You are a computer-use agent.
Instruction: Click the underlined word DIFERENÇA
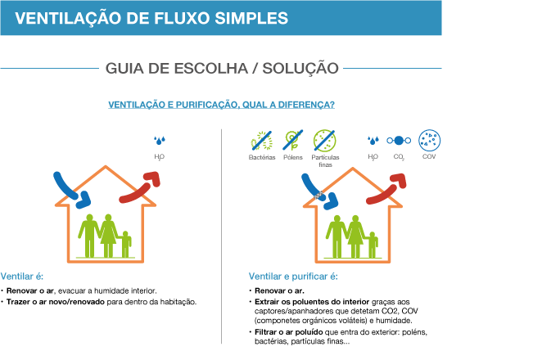300,105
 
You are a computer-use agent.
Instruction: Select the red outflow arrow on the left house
140,188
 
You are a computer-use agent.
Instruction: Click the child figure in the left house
125,244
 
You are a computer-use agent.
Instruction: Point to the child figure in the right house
373,244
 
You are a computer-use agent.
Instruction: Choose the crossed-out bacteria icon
262,140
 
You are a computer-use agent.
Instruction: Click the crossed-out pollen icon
293,140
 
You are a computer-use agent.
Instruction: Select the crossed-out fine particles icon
324,140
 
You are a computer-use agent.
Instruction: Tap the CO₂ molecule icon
399,141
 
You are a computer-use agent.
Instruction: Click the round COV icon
430,140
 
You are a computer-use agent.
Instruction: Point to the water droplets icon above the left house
160,141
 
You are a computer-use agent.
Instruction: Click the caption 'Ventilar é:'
22,277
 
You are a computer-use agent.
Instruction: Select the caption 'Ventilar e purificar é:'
293,277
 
